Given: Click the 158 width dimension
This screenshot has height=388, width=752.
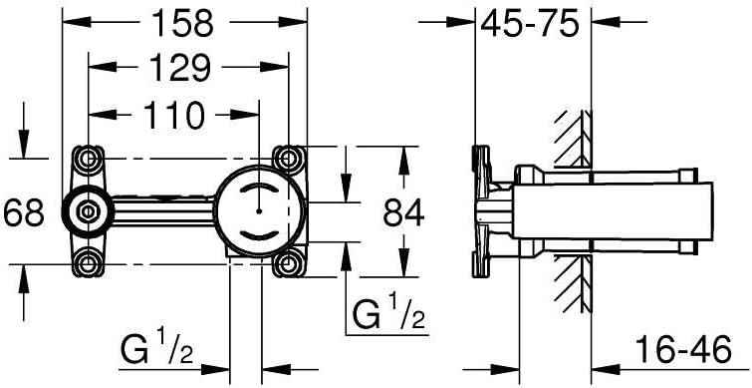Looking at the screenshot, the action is pyautogui.click(x=182, y=23).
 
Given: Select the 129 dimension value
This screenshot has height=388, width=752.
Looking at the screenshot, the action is pyautogui.click(x=180, y=67).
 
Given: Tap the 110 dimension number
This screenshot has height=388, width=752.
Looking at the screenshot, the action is pyautogui.click(x=174, y=116).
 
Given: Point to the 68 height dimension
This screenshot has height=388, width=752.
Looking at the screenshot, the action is pyautogui.click(x=24, y=212).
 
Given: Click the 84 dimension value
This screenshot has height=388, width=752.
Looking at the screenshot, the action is pyautogui.click(x=403, y=212).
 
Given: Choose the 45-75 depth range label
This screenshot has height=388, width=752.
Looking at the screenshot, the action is pyautogui.click(x=530, y=24).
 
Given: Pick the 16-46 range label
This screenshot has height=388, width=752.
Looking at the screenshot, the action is pyautogui.click(x=683, y=349).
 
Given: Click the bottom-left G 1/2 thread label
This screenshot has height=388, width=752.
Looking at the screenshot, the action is pyautogui.click(x=156, y=349).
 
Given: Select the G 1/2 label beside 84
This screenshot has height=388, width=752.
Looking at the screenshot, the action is pyautogui.click(x=389, y=312).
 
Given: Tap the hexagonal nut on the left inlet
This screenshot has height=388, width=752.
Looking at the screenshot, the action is pyautogui.click(x=88, y=210).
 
